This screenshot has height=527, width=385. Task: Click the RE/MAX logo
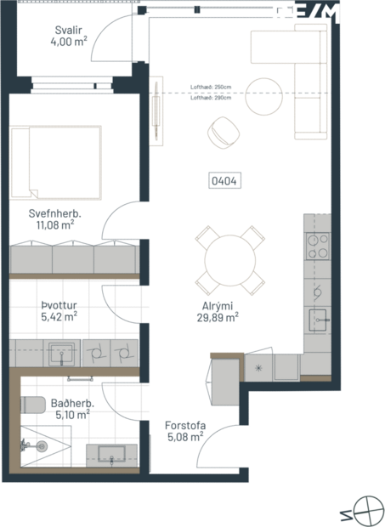click(x=326, y=13)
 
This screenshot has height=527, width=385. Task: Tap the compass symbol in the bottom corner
click(x=368, y=509)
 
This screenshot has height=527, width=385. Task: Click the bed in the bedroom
click(x=56, y=161)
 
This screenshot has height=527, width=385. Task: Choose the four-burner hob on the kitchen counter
click(x=317, y=246)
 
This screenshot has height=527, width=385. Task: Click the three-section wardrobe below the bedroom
click(x=73, y=260)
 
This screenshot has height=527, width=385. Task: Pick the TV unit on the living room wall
click(x=156, y=110)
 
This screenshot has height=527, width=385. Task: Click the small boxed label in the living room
click(x=225, y=180)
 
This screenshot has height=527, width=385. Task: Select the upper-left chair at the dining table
click(x=205, y=235)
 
